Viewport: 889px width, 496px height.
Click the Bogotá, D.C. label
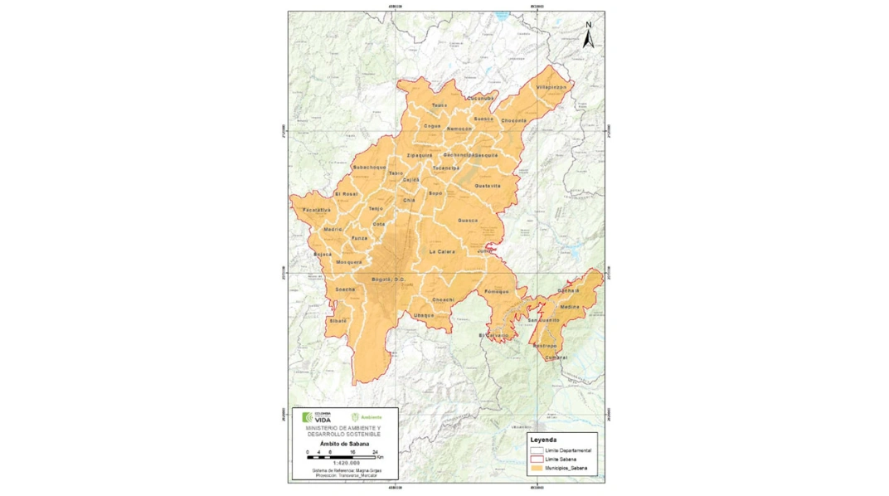(387, 279)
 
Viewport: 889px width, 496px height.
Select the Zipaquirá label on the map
(419, 155)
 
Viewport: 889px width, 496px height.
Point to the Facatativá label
(316, 210)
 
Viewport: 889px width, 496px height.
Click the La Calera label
(441, 251)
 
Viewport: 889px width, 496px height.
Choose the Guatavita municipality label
(488, 186)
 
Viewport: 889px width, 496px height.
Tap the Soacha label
(345, 289)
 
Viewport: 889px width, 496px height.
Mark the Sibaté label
(338, 320)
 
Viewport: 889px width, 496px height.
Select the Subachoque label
(369, 167)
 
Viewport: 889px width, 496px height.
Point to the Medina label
(570, 307)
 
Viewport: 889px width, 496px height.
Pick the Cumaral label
(557, 357)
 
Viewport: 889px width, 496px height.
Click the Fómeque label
(496, 291)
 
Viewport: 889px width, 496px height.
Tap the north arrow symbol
(589, 36)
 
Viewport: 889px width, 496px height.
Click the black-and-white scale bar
(341, 457)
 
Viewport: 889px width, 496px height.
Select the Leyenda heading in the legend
(544, 440)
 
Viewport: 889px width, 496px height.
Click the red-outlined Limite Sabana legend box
(537, 459)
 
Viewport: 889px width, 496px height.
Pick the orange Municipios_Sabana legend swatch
(537, 469)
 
